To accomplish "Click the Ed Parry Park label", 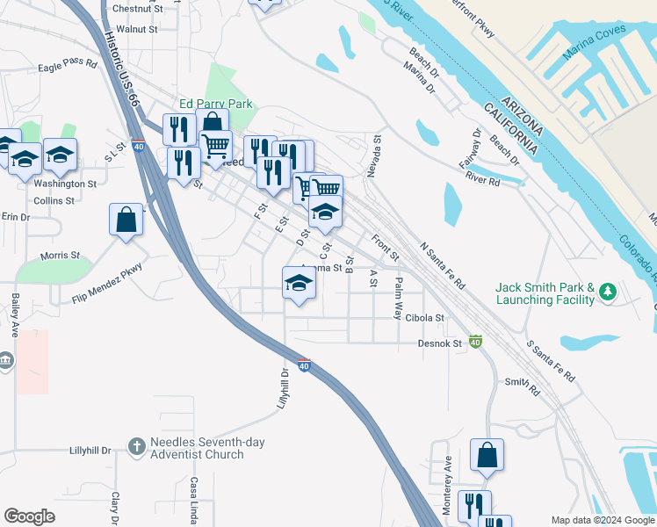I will (215, 104).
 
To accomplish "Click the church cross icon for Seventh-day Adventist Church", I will (136, 448).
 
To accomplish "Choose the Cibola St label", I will (426, 318).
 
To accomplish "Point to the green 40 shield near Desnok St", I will (475, 341).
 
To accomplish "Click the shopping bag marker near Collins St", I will (126, 220).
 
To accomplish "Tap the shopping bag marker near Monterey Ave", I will (487, 456).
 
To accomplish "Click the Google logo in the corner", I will (29, 516).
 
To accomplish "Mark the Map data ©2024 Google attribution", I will (602, 520).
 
